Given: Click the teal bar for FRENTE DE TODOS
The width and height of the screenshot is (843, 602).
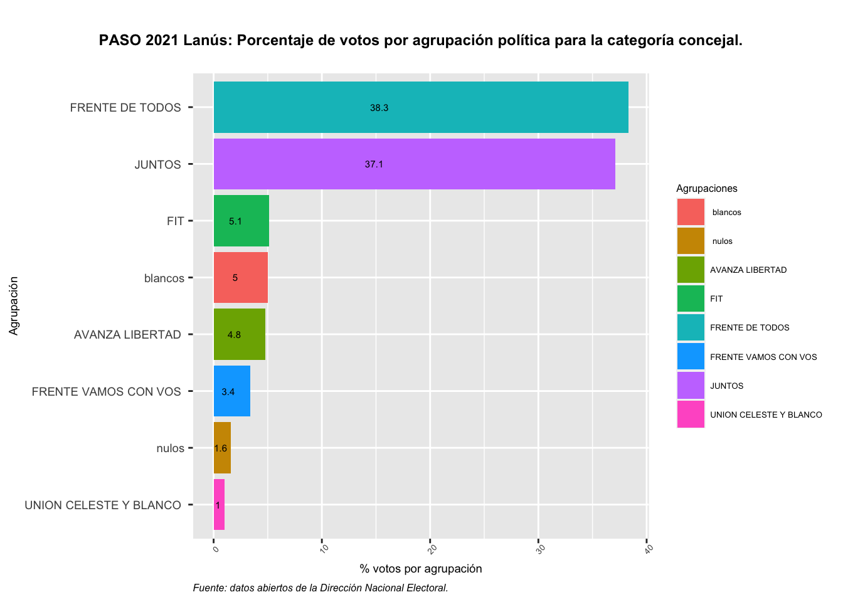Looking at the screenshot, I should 420,107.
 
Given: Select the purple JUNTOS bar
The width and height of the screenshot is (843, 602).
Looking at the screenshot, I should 414,164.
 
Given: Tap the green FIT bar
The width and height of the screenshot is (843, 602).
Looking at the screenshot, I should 241,221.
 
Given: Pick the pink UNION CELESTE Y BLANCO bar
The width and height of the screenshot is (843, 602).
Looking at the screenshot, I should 219,505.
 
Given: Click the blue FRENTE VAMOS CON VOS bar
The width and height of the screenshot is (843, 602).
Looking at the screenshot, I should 232,391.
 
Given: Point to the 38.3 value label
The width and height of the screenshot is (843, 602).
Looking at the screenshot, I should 379,108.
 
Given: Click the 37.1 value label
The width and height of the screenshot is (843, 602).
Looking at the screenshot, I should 374,164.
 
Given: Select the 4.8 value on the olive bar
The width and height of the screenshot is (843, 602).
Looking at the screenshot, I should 234,335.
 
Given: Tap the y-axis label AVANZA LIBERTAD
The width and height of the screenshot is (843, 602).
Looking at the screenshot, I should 127,335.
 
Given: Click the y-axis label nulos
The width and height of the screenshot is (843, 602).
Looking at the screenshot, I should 170,448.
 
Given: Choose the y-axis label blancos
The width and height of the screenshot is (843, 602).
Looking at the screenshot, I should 164,278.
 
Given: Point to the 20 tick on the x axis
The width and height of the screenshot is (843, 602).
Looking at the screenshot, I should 432,549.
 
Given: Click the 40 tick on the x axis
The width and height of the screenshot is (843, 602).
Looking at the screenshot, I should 649,549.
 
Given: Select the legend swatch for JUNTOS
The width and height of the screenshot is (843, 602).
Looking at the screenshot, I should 691,386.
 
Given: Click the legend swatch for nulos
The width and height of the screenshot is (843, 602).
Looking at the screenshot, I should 691,241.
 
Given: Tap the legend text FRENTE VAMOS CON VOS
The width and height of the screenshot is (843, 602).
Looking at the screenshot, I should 763,357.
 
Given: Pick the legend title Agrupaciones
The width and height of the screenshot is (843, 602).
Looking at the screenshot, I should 706,189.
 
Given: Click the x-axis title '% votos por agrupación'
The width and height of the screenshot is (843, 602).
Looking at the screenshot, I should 420,569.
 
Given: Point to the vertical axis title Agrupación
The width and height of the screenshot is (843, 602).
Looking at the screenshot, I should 14,306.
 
